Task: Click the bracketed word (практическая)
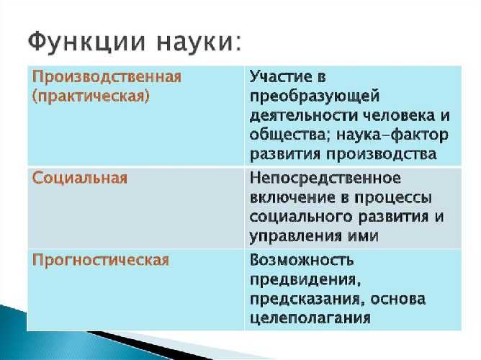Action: pos(91,96)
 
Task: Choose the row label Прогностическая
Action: pos(101,260)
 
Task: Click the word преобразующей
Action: pos(315,96)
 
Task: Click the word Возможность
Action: pos(302,260)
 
